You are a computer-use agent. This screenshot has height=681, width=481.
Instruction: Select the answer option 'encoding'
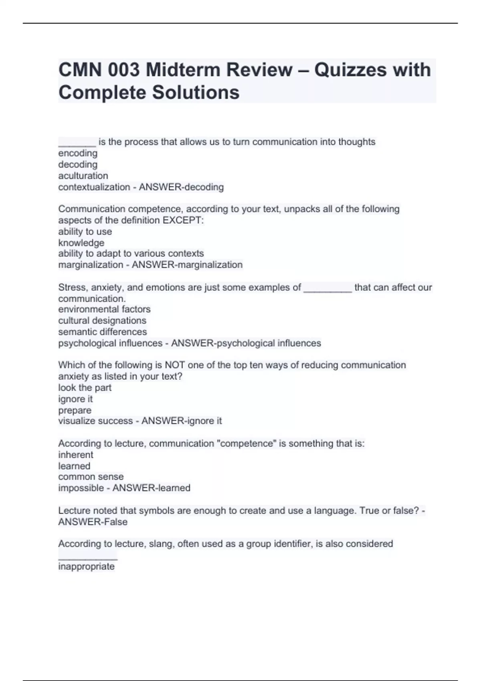[78, 153]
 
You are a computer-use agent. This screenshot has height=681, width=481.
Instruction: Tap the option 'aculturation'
[83, 176]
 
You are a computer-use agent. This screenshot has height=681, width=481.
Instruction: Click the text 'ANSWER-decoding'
[181, 187]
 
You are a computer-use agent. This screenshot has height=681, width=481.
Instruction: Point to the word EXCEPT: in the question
[183, 220]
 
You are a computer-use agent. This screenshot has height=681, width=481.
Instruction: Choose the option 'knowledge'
[81, 243]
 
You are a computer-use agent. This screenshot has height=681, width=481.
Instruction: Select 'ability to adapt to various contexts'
[131, 254]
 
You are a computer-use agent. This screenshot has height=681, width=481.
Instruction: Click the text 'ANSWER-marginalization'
[187, 265]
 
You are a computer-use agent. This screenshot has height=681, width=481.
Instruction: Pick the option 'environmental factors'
[104, 309]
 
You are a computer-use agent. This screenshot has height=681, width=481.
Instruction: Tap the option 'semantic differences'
[102, 332]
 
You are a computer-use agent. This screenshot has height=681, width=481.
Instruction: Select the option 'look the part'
[85, 388]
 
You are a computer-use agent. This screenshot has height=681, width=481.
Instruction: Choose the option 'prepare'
[75, 410]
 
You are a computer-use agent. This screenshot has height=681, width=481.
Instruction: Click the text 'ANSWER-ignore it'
[182, 421]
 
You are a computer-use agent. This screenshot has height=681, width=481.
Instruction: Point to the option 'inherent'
[75, 455]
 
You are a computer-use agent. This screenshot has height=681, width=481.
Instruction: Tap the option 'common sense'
[91, 477]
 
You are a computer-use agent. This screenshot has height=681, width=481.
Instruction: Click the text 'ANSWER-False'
[93, 522]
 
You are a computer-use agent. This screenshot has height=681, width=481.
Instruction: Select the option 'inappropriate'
[86, 566]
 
